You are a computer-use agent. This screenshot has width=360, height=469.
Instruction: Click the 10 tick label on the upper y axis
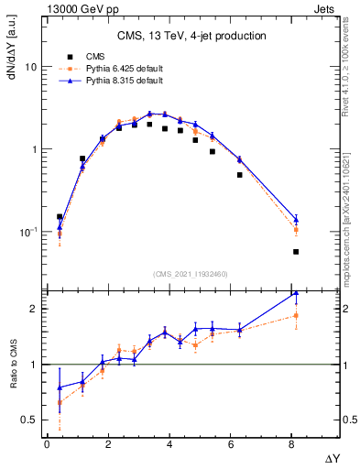31,68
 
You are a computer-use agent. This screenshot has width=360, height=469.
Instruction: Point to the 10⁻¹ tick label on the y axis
28,232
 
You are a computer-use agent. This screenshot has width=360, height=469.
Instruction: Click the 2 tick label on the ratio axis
34,309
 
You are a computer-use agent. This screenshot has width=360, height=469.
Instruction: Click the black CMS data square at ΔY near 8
296,251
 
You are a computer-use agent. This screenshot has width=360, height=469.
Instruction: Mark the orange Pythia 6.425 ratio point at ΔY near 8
296,315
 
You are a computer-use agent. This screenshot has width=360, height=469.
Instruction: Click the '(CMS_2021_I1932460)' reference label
191,273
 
